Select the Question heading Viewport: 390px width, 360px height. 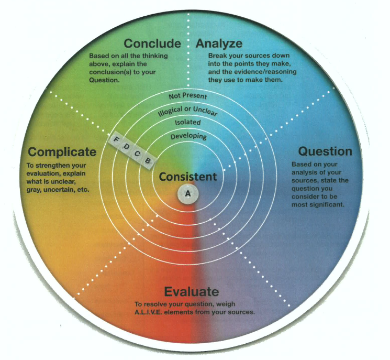pyautogui.click(x=325, y=151)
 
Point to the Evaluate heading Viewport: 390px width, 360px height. pyautogui.click(x=191, y=292)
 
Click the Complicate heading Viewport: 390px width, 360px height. pyautogui.click(x=62, y=152)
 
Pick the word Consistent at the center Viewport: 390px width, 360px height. pyautogui.click(x=187, y=177)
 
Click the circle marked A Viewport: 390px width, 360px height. pyautogui.click(x=187, y=193)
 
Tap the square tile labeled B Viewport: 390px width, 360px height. pyautogui.click(x=148, y=160)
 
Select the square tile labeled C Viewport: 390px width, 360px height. pyautogui.click(x=137, y=154)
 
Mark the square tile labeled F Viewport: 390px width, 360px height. pyautogui.click(x=116, y=139)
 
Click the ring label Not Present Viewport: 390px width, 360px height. pyautogui.click(x=188, y=96)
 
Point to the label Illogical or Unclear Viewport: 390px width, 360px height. pyautogui.click(x=188, y=111)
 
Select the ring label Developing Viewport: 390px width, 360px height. pyautogui.click(x=188, y=136)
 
